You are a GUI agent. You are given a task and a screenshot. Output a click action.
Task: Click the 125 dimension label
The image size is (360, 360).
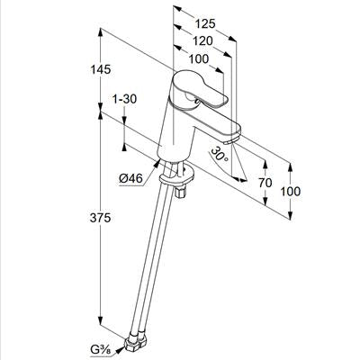[205, 23]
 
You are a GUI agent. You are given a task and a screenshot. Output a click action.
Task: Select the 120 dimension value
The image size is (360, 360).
[202, 41]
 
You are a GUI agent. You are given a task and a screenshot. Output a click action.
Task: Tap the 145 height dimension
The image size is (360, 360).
[101, 69]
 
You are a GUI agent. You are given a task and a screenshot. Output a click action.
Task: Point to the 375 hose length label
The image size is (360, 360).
[101, 218]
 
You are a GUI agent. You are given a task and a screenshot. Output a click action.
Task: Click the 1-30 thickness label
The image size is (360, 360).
[124, 99]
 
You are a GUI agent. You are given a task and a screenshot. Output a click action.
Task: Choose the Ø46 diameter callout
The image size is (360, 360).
[130, 179]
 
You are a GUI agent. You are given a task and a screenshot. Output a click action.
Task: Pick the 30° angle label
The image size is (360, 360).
[220, 153]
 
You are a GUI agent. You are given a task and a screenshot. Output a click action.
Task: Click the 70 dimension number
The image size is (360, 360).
[265, 183]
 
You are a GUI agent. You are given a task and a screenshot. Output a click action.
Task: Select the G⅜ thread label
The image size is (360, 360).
[100, 349]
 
